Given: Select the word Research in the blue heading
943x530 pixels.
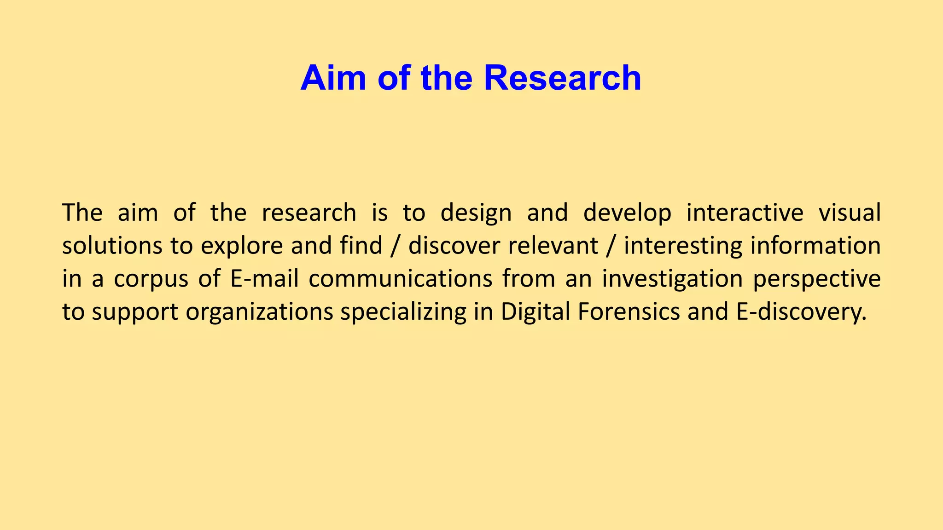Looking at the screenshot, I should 562,78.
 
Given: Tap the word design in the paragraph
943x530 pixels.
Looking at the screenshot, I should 476,213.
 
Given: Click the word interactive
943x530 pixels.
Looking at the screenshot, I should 745,213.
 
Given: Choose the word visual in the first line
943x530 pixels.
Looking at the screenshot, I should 849,213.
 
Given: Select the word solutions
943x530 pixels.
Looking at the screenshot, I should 112,246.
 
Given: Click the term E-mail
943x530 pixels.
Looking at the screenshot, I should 264,279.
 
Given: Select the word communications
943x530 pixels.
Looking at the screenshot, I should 400,279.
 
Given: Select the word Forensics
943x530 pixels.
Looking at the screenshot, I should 628,311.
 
